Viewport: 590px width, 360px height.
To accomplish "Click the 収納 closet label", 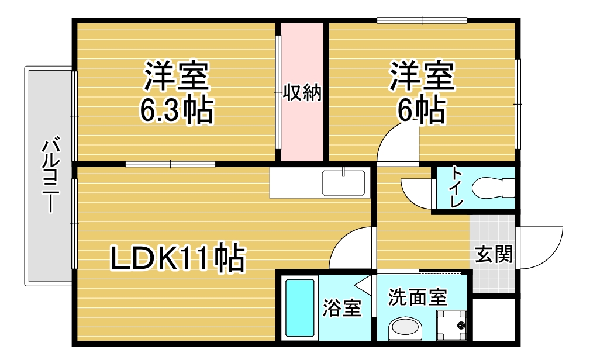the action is click(302, 92).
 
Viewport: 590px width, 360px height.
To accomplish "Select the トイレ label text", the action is click(457, 187).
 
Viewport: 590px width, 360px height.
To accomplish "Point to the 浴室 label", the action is click(342, 308).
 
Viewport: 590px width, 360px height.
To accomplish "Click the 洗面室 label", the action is click(418, 297).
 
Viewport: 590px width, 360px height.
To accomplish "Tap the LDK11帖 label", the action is click(178, 258).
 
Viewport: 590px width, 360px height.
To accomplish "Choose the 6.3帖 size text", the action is click(177, 110).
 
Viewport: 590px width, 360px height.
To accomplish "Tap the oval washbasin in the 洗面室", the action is click(405, 329).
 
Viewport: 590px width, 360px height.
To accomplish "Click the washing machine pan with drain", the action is click(451, 324).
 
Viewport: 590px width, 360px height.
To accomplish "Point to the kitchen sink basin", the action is click(343, 183).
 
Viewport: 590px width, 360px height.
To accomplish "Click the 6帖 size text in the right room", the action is click(422, 110).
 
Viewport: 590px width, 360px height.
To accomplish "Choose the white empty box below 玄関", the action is click(494, 319).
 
